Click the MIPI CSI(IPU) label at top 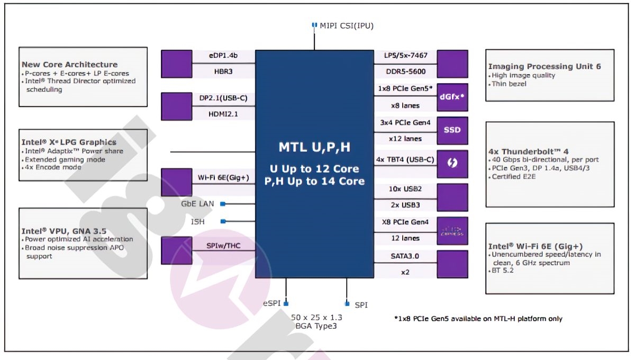click(x=347, y=25)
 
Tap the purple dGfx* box click(x=452, y=97)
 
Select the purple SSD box click(x=452, y=130)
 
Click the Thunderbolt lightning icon click(x=452, y=164)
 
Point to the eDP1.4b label click(x=223, y=56)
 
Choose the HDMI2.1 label click(x=223, y=113)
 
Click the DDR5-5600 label click(x=406, y=71)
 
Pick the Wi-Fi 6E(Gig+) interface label click(x=223, y=177)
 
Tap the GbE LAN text click(x=197, y=203)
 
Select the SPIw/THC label click(x=223, y=245)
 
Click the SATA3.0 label click(x=406, y=256)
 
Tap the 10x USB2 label click(x=406, y=189)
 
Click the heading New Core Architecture click(x=70, y=65)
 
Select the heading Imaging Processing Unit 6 click(x=545, y=66)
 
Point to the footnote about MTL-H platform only click(x=478, y=319)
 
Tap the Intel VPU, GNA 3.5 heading click(x=64, y=231)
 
